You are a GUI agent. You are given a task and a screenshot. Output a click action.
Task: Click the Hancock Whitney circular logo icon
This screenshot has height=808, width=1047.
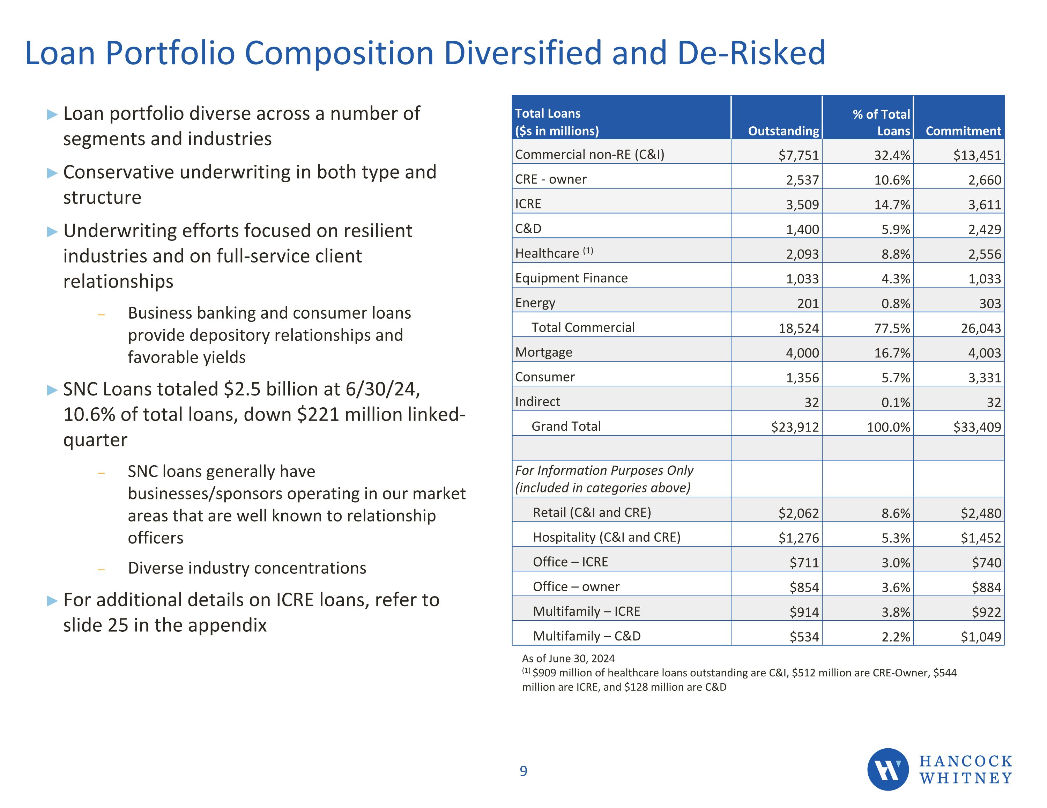pos(888,769)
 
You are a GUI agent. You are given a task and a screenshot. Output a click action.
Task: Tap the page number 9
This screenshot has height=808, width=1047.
pos(523,771)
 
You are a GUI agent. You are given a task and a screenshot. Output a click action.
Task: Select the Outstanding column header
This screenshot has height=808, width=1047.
pos(784,131)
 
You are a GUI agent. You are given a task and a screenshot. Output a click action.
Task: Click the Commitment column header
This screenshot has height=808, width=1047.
pos(963,131)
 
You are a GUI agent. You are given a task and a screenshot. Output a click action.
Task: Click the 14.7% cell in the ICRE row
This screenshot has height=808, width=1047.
pos(892,205)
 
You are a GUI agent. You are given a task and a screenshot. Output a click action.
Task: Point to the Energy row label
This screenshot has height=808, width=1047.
pos(535,303)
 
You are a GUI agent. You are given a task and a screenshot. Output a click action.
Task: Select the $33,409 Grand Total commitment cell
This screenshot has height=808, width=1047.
pos(977,427)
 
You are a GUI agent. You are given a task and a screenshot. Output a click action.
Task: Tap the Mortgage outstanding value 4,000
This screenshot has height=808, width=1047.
pos(802,353)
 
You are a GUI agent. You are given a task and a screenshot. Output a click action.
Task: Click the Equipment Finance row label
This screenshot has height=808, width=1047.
pos(571,278)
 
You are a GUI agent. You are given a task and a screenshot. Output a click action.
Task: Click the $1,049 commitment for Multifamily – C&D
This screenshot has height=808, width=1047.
pos(980,637)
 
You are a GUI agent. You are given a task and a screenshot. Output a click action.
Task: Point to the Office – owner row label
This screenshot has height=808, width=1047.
pos(576,586)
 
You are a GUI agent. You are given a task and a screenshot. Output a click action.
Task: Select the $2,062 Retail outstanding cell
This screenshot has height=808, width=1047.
pos(798,513)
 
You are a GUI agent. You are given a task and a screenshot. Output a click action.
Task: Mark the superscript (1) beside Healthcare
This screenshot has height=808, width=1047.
pos(588,250)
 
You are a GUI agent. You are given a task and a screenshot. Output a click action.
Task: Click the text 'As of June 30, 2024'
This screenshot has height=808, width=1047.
pos(568,658)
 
